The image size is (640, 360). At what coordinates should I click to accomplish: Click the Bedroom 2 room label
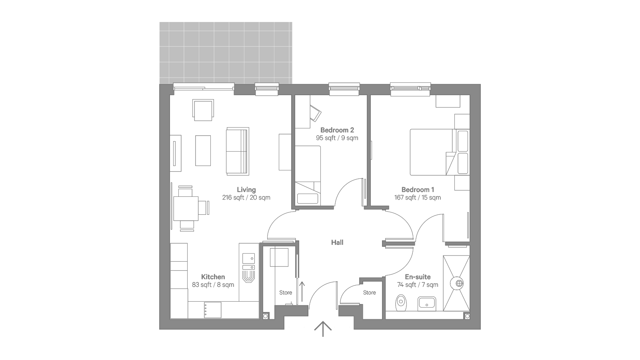337,130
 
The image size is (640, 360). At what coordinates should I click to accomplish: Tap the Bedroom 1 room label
418,190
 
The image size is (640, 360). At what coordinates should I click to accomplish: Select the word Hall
337,242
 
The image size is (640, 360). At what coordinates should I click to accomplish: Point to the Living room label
246,190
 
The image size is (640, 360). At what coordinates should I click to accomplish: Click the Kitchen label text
213,277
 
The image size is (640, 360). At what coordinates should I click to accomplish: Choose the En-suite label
418,277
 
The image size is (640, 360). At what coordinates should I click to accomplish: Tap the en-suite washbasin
426,304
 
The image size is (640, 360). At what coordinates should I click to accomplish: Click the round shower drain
459,284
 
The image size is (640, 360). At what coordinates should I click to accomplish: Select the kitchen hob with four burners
212,310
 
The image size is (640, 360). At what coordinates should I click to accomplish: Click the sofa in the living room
238,151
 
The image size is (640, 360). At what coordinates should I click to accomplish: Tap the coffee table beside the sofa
203,150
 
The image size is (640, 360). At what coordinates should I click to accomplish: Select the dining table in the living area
186,208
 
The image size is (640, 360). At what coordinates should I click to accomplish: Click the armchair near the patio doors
203,110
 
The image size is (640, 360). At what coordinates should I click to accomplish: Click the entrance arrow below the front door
323,329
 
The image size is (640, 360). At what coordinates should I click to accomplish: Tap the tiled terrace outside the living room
226,53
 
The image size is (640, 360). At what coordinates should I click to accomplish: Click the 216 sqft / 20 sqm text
246,198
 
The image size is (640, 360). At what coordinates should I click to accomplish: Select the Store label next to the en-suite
370,292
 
